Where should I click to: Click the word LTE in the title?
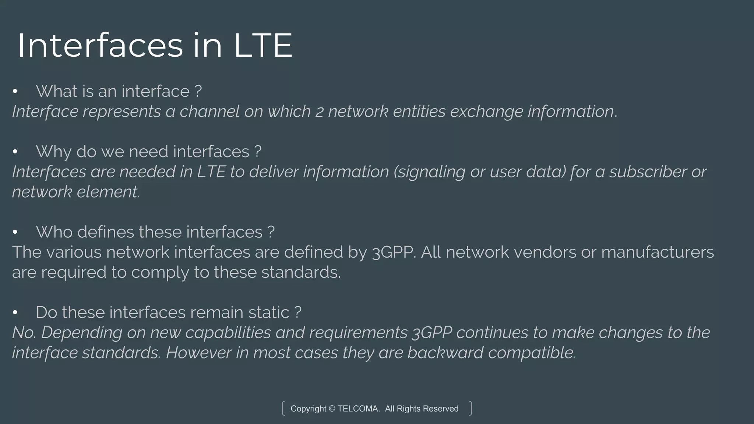(x=263, y=46)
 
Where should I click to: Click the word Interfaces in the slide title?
(x=100, y=46)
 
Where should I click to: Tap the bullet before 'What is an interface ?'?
(x=15, y=91)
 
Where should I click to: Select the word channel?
(x=209, y=112)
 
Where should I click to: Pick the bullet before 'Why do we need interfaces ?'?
(x=15, y=152)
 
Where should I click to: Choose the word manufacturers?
(x=657, y=252)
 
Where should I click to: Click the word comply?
(x=160, y=273)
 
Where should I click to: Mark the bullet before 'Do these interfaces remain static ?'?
(x=15, y=312)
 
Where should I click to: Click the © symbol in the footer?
(x=332, y=409)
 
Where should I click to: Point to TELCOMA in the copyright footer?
(x=358, y=409)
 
